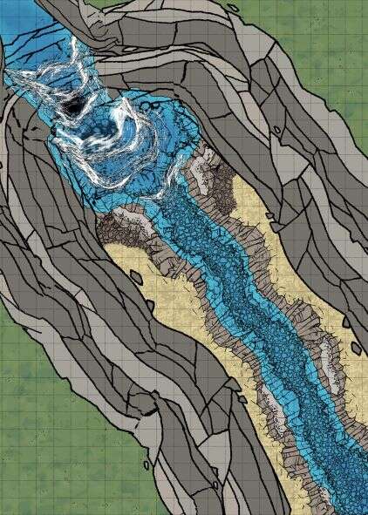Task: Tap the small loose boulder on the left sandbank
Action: [135, 277]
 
